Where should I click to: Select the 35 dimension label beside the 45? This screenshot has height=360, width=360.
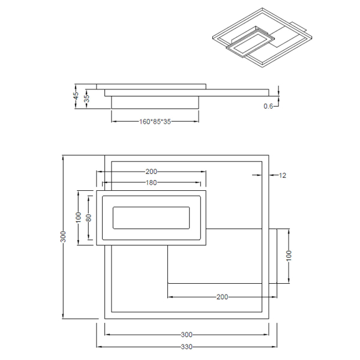click(86, 99)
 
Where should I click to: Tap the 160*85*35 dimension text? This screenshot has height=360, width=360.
click(155, 121)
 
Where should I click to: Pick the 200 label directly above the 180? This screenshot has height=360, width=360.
click(151, 172)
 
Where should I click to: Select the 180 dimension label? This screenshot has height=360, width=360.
click(151, 183)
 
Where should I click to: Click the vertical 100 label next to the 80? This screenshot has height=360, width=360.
click(78, 217)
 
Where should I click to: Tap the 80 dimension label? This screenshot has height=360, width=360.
click(88, 217)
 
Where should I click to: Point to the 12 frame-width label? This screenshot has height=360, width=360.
click(283, 175)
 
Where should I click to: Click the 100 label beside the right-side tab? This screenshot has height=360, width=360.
click(289, 254)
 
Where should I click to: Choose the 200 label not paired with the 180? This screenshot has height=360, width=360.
click(222, 297)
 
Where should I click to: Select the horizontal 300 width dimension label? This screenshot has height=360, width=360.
click(187, 335)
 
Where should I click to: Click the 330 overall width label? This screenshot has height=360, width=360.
click(187, 347)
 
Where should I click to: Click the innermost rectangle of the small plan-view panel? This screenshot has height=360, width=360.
click(151, 217)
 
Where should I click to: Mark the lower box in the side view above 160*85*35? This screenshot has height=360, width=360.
click(155, 103)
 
